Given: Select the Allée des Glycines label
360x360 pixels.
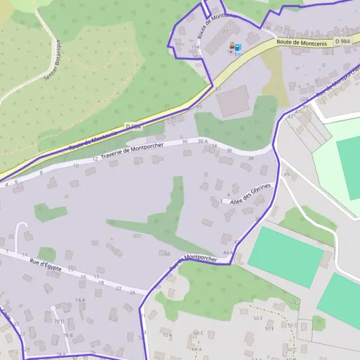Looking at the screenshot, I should [x=251, y=194].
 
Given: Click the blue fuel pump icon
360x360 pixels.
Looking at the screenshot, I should [x=238, y=47].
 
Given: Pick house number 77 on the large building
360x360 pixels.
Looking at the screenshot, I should [x=226, y=32].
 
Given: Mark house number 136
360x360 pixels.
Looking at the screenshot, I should [x=266, y=28].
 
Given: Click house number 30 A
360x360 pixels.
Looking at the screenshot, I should [x=202, y=142].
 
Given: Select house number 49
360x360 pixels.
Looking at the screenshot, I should [x=286, y=175].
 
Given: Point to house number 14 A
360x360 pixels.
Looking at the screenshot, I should [x=80, y=299].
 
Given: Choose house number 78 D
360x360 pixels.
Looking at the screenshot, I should [x=59, y=321].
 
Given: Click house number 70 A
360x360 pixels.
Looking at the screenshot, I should [x=167, y=335].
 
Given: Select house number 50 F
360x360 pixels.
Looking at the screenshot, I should [x=259, y=318].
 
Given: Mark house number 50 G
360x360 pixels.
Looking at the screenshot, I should [x=293, y=304].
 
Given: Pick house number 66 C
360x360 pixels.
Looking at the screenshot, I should [x=198, y=332].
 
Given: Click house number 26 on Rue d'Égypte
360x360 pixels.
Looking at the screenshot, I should [x=133, y=292].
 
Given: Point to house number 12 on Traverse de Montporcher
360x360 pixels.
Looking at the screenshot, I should [x=95, y=159].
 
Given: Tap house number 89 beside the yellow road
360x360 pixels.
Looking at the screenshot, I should [x=199, y=107].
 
